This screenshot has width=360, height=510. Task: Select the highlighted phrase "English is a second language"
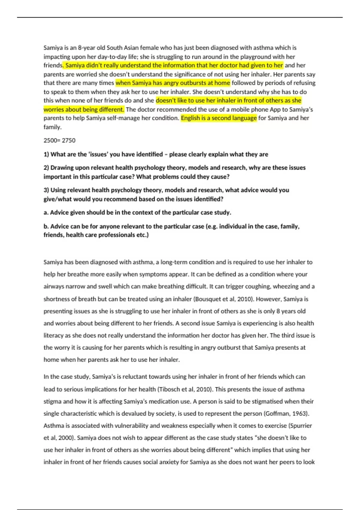tap(219, 118)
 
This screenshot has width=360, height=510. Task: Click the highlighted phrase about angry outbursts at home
tap(173, 83)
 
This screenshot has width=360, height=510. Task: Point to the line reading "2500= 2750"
tap(59, 140)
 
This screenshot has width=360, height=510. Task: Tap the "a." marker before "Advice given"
tap(46, 213)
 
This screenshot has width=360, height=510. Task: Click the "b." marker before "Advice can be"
tap(46, 226)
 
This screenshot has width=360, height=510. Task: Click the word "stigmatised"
tap(264, 401)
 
